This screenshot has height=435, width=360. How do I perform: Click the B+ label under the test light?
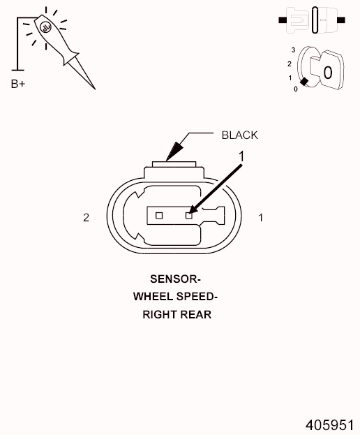tap(18, 84)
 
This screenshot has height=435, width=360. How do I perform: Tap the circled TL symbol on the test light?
tap(45, 27)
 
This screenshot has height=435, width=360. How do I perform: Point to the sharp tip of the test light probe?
tap(95, 89)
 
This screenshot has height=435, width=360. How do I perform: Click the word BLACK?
tap(240, 135)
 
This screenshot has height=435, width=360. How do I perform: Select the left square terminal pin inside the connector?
tap(159, 215)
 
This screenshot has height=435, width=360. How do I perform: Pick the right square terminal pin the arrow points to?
tap(189, 215)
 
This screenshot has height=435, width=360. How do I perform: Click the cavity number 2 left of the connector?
tap(87, 218)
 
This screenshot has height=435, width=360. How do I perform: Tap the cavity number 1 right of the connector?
tap(260, 218)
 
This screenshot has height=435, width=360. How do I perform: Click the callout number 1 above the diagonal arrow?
tap(241, 156)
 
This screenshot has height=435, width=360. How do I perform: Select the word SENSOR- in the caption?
tap(175, 279)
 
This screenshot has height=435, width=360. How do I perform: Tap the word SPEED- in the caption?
tap(197, 297)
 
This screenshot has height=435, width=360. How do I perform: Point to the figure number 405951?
tap(329, 425)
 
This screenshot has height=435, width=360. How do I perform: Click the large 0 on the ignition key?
tap(328, 73)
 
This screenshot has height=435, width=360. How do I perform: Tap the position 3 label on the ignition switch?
tap(293, 50)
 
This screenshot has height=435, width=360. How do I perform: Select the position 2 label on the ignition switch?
tap(290, 64)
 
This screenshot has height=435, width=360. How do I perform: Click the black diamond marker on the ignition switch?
tap(304, 82)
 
